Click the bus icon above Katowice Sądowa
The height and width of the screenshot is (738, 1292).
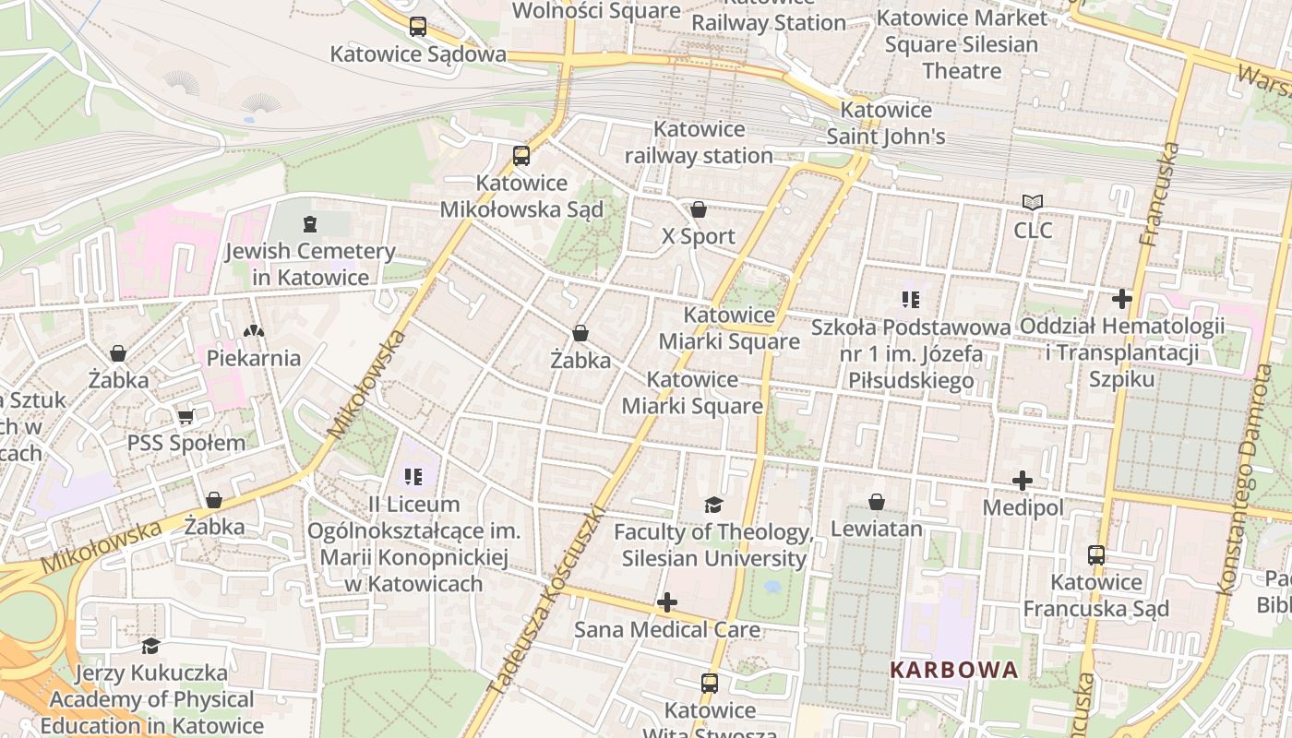pyautogui.click(x=418, y=27)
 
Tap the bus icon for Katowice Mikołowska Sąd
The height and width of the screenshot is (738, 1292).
pyautogui.click(x=521, y=155)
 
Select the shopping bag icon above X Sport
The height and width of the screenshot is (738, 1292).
pyautogui.click(x=699, y=209)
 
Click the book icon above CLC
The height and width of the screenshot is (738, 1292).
pyautogui.click(x=1032, y=202)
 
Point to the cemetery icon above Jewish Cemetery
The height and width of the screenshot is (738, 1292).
pyautogui.click(x=309, y=223)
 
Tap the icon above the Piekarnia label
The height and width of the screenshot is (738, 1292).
pyautogui.click(x=253, y=330)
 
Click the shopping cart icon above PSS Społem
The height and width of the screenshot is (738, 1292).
pyautogui.click(x=185, y=416)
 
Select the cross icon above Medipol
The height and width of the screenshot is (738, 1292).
pyautogui.click(x=1023, y=481)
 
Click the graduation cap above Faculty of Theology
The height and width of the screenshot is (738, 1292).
pyautogui.click(x=713, y=505)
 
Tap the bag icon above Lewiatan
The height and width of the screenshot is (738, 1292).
pyautogui.click(x=876, y=502)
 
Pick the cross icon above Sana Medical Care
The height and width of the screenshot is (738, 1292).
pyautogui.click(x=666, y=603)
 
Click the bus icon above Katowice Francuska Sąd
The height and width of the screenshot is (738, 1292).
pyautogui.click(x=1095, y=555)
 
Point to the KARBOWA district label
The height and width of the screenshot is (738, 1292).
pyautogui.click(x=954, y=670)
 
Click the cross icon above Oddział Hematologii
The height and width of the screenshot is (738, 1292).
pyautogui.click(x=1121, y=299)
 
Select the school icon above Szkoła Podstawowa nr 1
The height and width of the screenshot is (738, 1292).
pyautogui.click(x=911, y=300)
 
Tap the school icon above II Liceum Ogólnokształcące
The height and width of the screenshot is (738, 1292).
pyautogui.click(x=413, y=477)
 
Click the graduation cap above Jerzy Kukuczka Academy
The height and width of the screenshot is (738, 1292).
pyautogui.click(x=150, y=646)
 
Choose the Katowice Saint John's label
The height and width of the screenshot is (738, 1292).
pyautogui.click(x=886, y=124)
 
